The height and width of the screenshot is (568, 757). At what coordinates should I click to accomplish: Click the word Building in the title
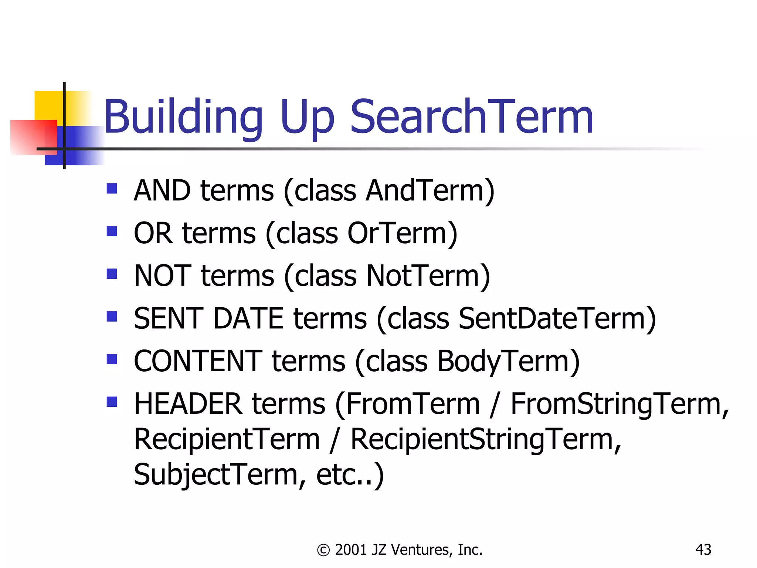pyautogui.click(x=183, y=118)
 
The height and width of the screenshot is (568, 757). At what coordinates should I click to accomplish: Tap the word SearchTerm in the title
pyautogui.click(x=471, y=117)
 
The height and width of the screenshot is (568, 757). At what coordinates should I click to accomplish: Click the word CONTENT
pyautogui.click(x=198, y=361)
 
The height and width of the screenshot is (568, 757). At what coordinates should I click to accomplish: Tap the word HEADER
pyautogui.click(x=188, y=404)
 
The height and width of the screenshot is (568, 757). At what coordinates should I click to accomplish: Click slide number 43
pyautogui.click(x=703, y=550)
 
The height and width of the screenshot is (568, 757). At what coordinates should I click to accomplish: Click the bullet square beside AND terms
pyautogui.click(x=112, y=189)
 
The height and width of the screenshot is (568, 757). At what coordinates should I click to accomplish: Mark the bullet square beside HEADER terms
pyautogui.click(x=112, y=402)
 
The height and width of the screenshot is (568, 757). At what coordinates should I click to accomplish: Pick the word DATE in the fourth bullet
pyautogui.click(x=248, y=318)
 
